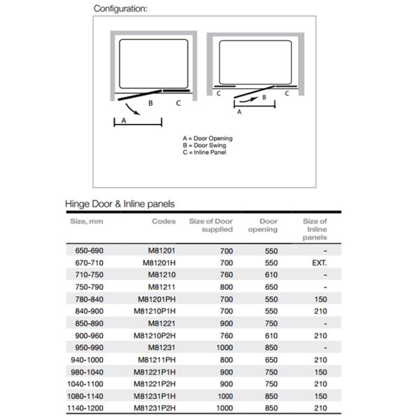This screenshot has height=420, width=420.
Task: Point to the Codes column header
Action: click(164, 222)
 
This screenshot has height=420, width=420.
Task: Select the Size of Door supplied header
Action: click(211, 225)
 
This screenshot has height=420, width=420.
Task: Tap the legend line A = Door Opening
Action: click(207, 139)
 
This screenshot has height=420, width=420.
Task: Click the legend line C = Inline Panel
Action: click(205, 152)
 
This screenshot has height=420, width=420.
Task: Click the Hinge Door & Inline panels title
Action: click(119, 203)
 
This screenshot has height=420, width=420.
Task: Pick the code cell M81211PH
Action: click(157, 360)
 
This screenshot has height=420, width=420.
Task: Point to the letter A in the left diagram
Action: click(123, 120)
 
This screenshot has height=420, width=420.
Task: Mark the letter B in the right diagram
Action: click(264, 98)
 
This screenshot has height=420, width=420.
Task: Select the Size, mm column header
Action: click(87, 222)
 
